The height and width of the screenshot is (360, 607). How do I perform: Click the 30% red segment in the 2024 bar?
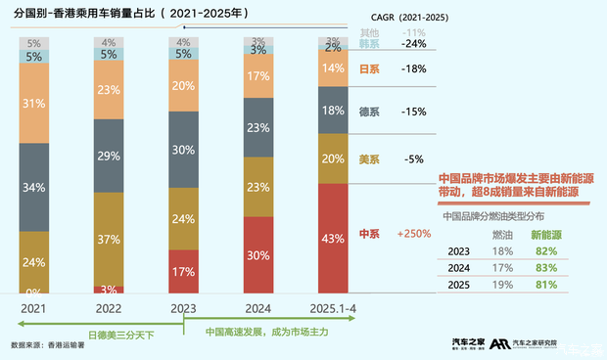[257, 255]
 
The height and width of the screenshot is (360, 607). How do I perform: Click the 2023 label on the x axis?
[181, 307]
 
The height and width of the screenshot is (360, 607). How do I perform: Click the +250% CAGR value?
[413, 235]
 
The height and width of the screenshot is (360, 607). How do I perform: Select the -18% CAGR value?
[415, 69]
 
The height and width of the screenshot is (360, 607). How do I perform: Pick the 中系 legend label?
[370, 235]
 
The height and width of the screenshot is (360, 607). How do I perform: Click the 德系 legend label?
[370, 112]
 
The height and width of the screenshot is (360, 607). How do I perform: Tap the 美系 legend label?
[370, 158]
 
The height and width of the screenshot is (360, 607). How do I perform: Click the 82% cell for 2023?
[545, 251]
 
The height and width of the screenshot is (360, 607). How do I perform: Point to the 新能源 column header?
[546, 235]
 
